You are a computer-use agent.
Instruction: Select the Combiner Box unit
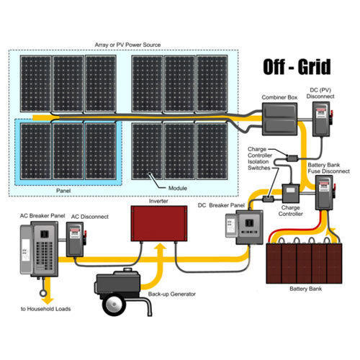pyautogui.click(x=279, y=119)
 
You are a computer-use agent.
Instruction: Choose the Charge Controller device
pyautogui.click(x=290, y=195)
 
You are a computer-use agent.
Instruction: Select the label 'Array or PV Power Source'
pyautogui.click(x=127, y=45)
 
